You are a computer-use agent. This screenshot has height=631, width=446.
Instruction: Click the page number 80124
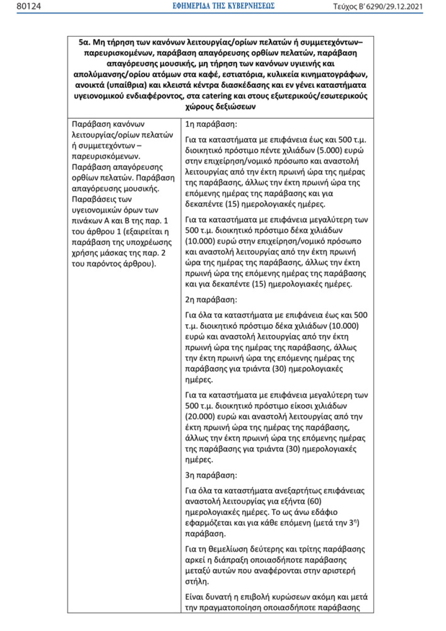point(29,6)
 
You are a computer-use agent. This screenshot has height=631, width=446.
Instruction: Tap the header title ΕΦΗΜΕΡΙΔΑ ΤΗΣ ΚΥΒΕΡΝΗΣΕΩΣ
point(223,6)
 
